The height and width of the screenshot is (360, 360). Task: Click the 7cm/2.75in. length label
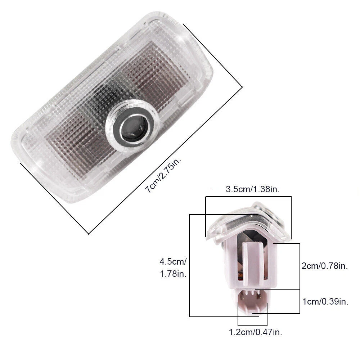coord(163,175)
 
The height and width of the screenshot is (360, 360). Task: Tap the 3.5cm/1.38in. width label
coord(253,189)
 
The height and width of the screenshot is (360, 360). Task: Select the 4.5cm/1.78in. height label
coord(173,267)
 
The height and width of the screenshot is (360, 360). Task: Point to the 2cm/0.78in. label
coord(325,266)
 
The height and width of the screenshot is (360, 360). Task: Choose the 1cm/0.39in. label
coord(325,301)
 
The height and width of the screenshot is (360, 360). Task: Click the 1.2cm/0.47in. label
coord(256,332)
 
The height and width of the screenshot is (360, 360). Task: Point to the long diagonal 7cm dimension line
coord(165,161)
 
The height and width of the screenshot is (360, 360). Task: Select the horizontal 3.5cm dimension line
coord(248,197)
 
